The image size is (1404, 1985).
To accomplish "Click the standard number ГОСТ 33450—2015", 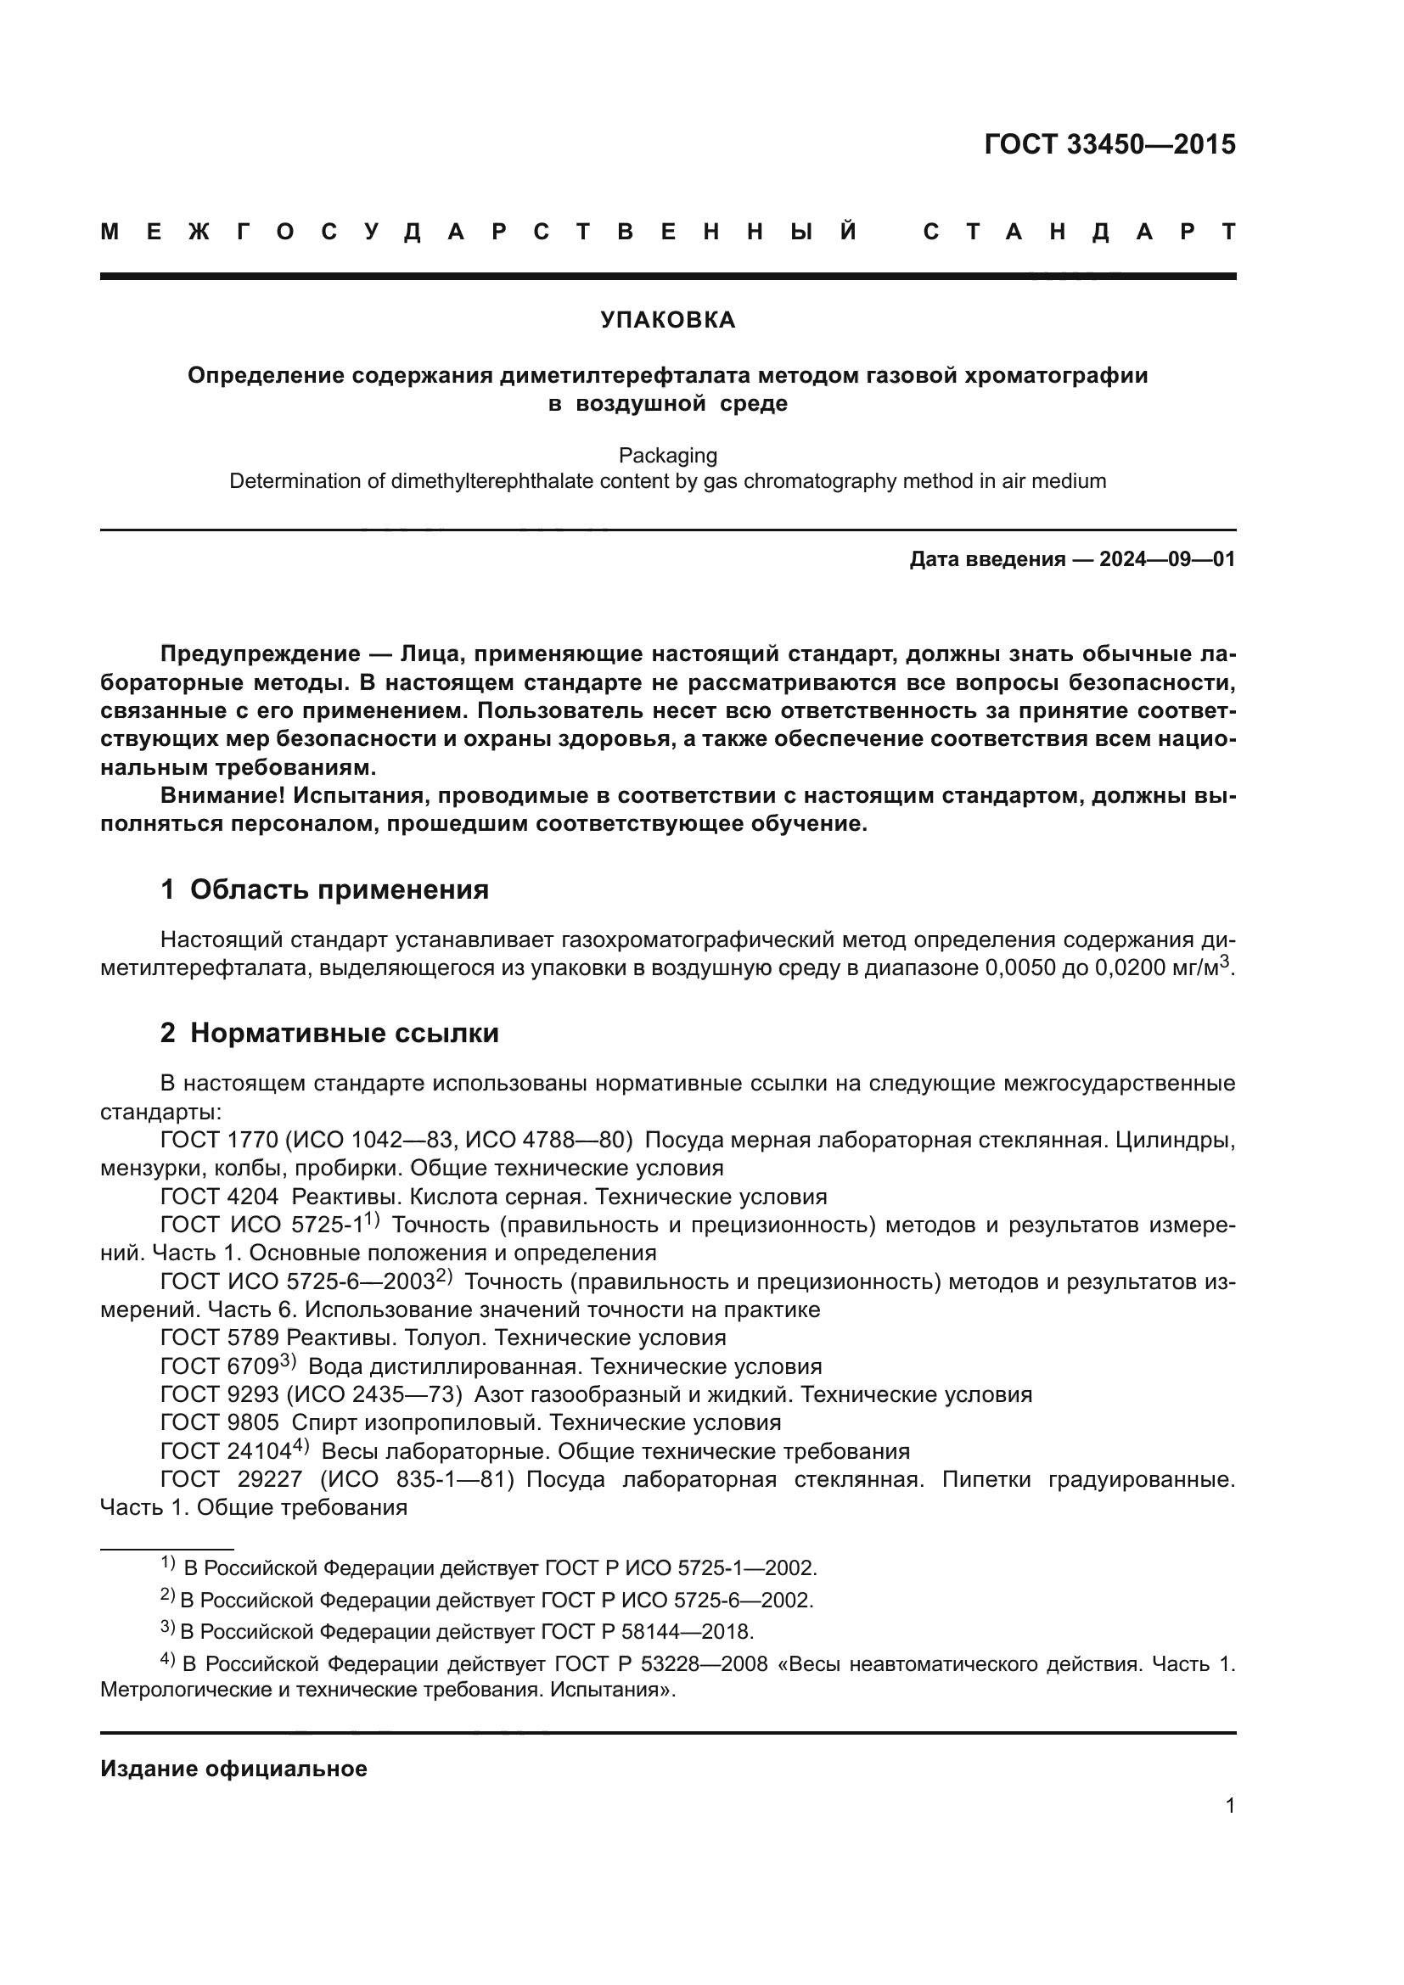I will pos(1109,144).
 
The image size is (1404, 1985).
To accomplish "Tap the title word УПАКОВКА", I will pos(667,321).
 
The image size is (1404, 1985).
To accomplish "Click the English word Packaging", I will pos(667,456).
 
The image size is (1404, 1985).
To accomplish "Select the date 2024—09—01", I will pos(1167,559).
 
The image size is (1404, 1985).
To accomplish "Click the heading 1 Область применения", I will pos(324,889).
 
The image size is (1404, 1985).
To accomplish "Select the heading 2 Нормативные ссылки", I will pos(329,1033).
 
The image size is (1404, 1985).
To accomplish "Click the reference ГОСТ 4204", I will pos(220,1197).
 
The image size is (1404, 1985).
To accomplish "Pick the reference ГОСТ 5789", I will pos(220,1338).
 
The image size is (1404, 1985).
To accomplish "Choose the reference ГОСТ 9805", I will pos(220,1423).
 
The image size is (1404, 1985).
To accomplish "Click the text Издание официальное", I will pos(233,1769).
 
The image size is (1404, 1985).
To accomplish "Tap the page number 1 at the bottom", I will pos(1230,1806).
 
